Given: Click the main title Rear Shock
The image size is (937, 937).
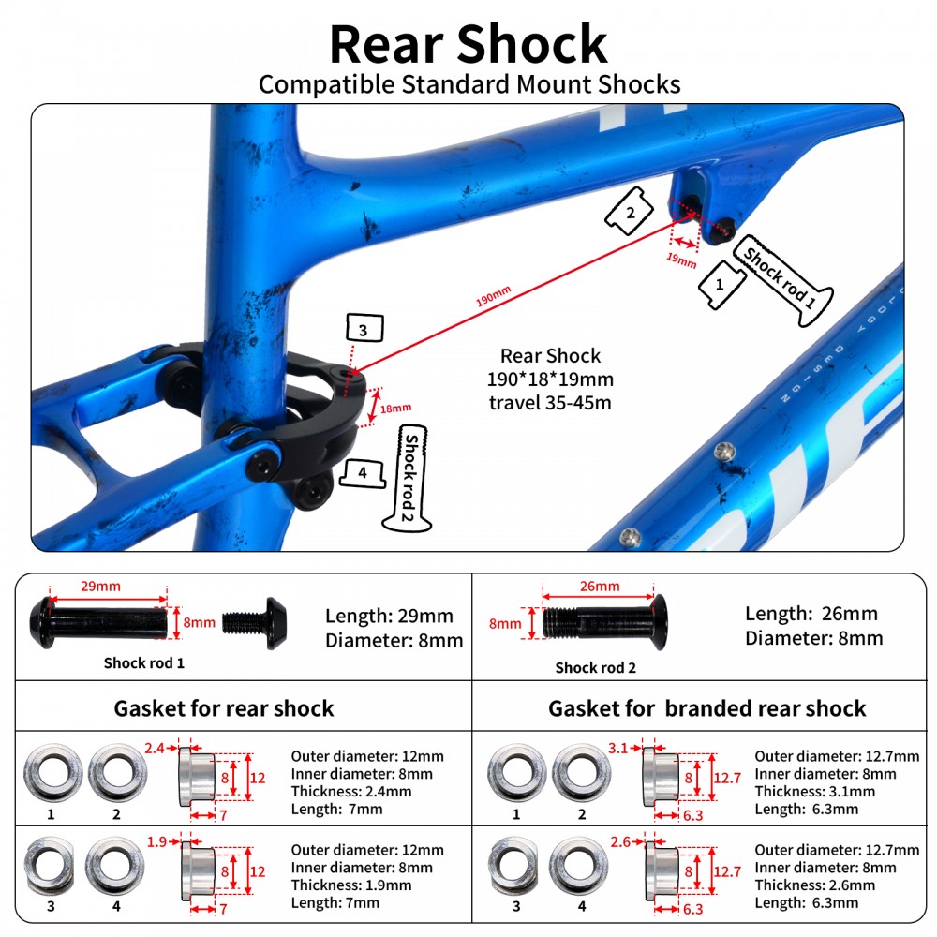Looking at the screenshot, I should [468, 42].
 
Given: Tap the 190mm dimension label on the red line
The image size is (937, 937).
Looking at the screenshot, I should [494, 298].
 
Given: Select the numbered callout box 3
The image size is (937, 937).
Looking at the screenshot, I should [363, 330].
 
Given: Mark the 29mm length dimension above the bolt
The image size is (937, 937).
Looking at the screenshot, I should [100, 586].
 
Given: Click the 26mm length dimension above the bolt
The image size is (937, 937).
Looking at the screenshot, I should [600, 587].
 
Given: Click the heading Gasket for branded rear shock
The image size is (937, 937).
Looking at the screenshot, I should [706, 708].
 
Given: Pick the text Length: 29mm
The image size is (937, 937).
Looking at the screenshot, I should [389, 616].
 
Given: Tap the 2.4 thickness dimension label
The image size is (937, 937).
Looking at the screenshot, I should [155, 747].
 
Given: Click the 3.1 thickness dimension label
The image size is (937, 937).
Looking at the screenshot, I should [617, 747].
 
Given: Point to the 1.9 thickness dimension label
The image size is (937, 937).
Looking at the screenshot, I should [156, 841].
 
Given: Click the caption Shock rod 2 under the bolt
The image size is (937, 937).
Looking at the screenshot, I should [595, 668].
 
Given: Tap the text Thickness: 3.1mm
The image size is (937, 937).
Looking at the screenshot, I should [815, 792].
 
